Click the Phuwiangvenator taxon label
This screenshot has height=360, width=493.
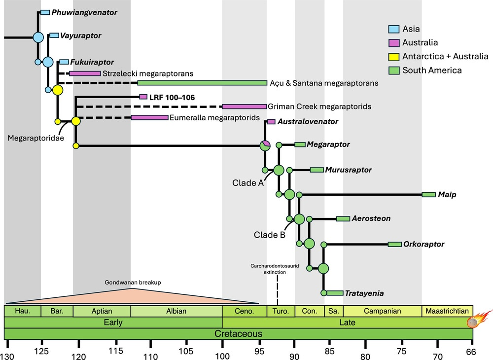[84, 12]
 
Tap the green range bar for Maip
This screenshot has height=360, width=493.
[429, 195]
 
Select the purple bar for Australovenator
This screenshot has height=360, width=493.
[271, 122]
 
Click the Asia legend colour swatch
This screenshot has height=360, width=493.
[393, 29]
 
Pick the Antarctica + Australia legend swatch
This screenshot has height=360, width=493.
[393, 57]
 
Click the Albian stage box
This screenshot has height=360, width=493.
[176, 311]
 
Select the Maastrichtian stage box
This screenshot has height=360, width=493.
[447, 311]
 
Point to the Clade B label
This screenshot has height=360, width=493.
[270, 235]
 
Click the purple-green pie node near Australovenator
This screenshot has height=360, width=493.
[265, 145]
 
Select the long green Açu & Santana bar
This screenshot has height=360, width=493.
[202, 83]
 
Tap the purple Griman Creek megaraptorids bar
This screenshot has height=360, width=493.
[244, 107]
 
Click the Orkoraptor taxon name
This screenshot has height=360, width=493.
[423, 244]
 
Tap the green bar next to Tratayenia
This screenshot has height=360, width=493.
[334, 293]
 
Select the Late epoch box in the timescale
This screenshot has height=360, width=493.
[348, 323]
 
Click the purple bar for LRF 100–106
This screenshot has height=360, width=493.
[143, 97]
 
